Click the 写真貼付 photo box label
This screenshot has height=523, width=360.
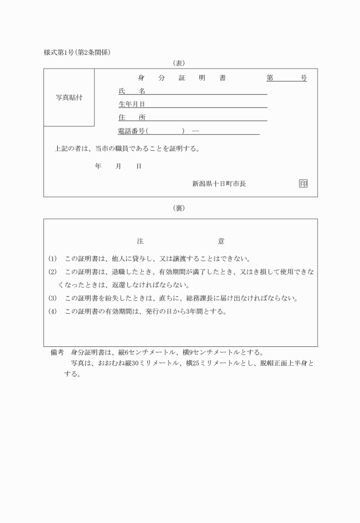click(x=69, y=97)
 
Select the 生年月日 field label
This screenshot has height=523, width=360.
click(x=131, y=104)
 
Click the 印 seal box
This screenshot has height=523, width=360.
click(x=303, y=183)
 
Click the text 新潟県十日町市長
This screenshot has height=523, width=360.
click(x=219, y=183)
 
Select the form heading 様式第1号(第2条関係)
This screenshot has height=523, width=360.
click(x=77, y=53)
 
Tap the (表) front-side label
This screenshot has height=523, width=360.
click(x=179, y=63)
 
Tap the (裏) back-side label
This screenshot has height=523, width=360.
click(x=179, y=208)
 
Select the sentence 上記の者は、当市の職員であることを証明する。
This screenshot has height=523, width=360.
click(x=127, y=149)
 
